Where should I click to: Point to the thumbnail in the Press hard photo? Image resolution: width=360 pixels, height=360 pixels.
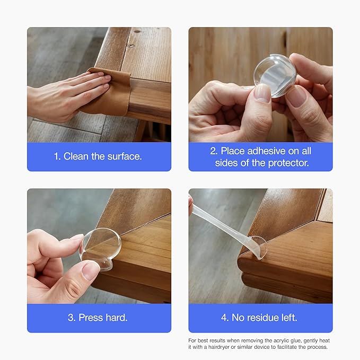pos(91,271)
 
